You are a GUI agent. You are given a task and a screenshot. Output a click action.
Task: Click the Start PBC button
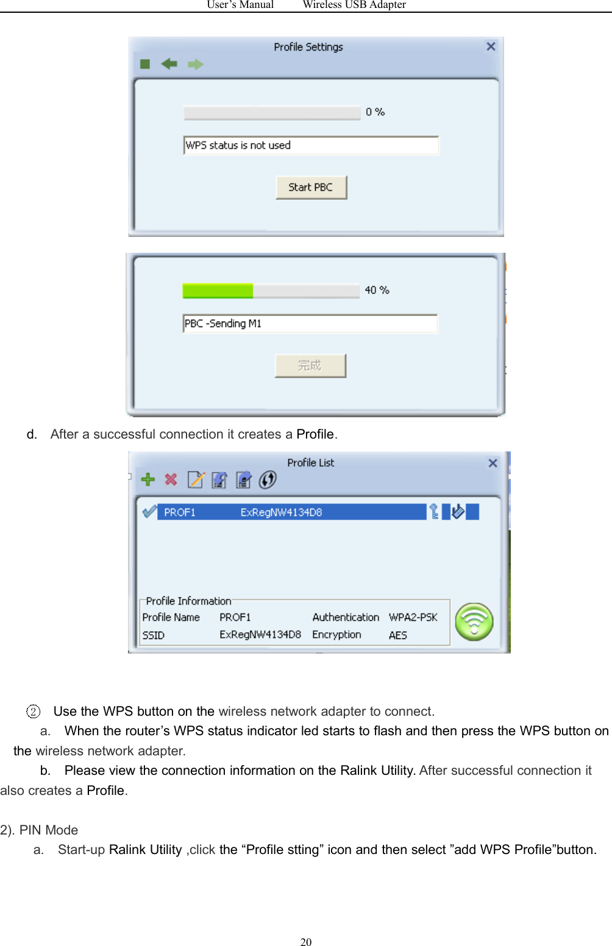pos(311,188)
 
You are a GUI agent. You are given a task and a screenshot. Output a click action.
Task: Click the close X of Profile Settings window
pos(491,47)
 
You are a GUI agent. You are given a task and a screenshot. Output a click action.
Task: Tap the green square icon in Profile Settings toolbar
pos(145,65)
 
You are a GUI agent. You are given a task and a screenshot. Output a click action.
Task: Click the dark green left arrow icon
pos(169,64)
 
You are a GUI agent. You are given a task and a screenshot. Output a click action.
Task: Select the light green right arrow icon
pos(195,65)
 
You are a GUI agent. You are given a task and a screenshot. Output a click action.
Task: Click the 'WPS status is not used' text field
pos(311,146)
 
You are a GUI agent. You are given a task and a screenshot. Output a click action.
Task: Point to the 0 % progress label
pos(375,112)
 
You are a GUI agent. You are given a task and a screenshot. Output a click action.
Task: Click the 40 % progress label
pos(377,291)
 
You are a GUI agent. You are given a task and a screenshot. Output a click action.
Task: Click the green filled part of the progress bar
pos(218,291)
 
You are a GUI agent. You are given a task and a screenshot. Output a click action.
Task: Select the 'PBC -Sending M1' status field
pos(310,324)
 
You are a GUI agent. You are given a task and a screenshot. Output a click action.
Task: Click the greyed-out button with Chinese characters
pos(310,365)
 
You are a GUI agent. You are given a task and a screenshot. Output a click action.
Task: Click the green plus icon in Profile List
pos(148,480)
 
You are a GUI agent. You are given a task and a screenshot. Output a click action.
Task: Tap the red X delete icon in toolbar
pos(171,480)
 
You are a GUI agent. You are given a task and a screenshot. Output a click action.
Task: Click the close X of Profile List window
pos(493,464)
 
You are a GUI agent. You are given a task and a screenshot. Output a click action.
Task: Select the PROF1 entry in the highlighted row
pos(180,512)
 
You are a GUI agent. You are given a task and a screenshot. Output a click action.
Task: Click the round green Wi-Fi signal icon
pos(474,622)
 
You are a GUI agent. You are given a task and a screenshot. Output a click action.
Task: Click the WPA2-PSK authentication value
pos(413,618)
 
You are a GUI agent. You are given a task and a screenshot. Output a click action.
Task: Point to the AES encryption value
pos(397,635)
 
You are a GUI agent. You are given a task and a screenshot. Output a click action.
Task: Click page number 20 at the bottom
pos(306,942)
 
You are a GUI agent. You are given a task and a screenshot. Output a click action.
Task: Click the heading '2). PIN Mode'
pos(40,830)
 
